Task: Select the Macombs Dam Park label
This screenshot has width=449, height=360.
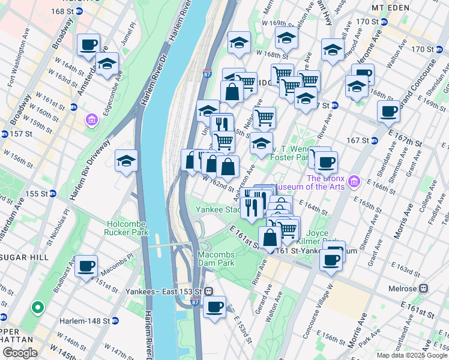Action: tap(220, 259)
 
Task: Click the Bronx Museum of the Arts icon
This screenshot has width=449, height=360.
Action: tap(354, 181)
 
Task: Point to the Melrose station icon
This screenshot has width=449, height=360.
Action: tap(424, 287)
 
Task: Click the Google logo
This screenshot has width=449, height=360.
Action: tap(19, 352)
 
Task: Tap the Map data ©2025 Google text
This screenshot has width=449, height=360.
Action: tap(412, 355)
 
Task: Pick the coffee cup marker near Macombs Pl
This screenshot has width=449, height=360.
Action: tap(86, 265)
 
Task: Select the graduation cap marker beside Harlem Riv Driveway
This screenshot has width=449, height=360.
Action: tap(126, 161)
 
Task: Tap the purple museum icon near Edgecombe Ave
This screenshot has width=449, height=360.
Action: tap(91, 120)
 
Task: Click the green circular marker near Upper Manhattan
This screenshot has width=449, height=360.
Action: tap(37, 308)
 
